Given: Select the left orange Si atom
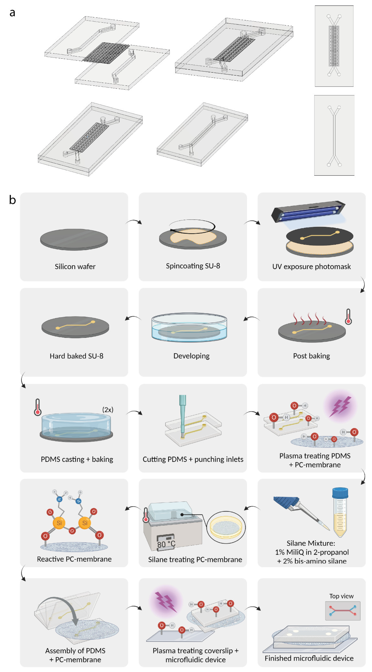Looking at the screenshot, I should coord(59,523).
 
